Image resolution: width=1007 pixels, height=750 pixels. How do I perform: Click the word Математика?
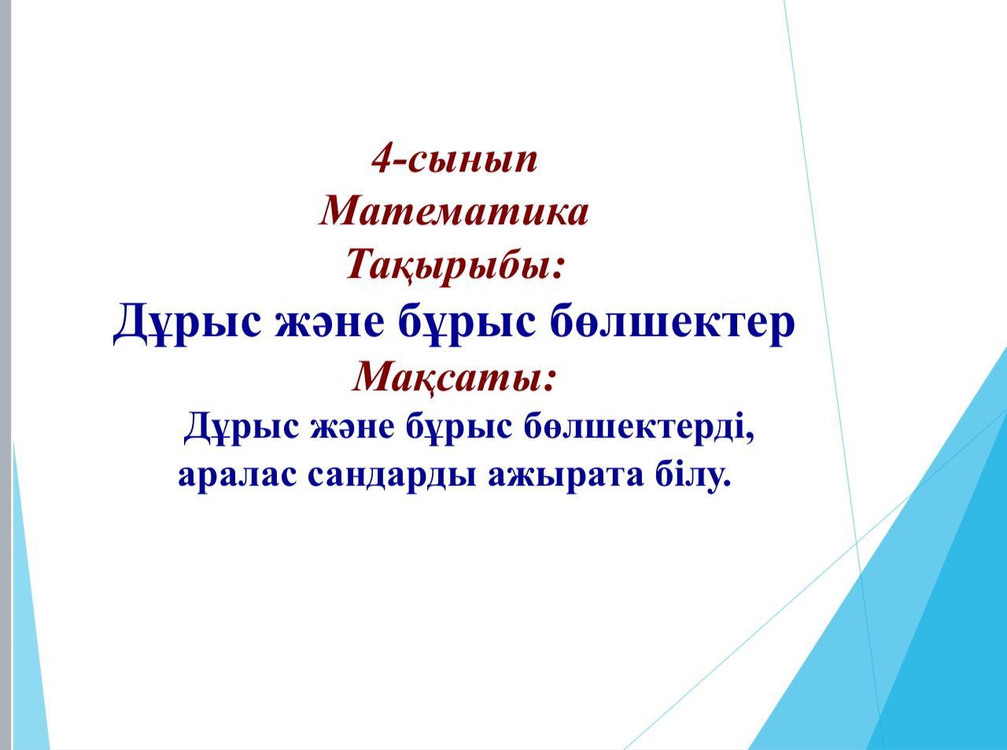click(454, 212)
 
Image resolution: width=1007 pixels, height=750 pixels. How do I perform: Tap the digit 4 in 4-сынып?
click(382, 160)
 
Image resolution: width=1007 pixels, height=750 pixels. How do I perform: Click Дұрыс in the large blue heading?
click(187, 323)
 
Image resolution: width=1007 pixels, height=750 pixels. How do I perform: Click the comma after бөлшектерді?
click(749, 439)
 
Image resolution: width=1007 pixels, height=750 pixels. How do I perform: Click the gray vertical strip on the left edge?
click(5, 375)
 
